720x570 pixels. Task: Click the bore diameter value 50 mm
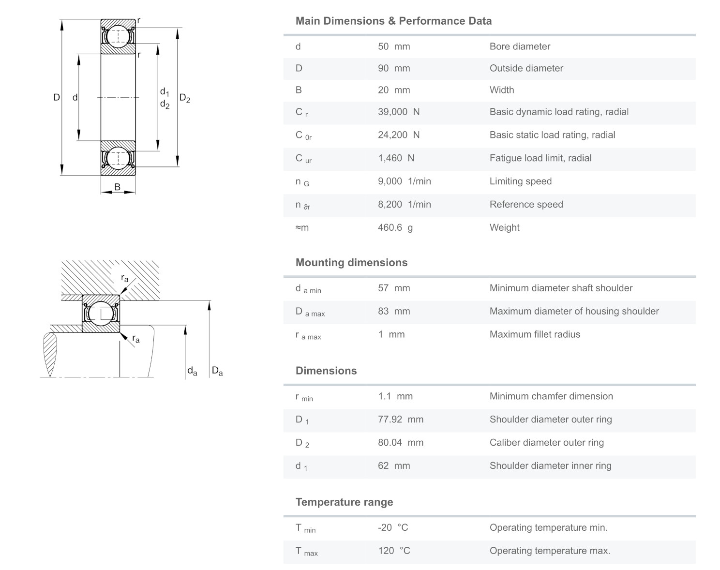pos(393,46)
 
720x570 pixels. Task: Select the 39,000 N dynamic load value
pos(398,112)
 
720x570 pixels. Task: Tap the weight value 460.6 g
pos(395,227)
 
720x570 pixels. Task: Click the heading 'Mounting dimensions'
pos(351,262)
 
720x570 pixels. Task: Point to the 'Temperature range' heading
pos(344,502)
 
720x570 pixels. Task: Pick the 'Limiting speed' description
pos(520,181)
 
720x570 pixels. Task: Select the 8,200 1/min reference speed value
pos(404,204)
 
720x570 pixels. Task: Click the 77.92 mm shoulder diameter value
pos(400,419)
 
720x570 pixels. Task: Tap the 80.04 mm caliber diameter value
pos(400,442)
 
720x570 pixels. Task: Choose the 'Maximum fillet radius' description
pos(534,334)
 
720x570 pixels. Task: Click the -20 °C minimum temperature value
pos(392,527)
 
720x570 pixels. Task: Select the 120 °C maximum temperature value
pos(393,551)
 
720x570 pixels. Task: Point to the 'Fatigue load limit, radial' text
pos(540,158)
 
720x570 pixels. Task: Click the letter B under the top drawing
pos(117,187)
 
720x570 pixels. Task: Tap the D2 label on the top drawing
pos(184,98)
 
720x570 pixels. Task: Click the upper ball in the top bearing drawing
pos(118,37)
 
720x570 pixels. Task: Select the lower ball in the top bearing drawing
pos(118,158)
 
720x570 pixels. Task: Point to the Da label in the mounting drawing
pos(217,372)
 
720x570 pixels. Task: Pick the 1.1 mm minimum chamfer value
pos(395,396)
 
